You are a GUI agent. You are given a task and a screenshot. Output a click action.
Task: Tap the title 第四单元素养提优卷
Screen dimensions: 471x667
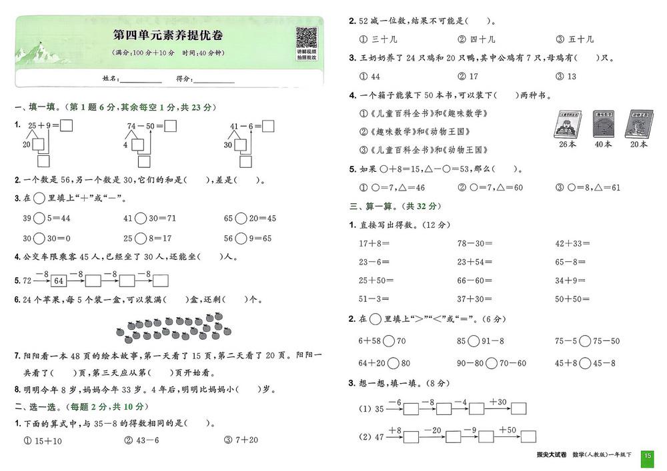tap(168, 35)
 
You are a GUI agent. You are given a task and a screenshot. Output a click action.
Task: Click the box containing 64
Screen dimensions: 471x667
tap(59, 280)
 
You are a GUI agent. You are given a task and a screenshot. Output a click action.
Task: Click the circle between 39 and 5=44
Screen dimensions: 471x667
tap(39, 219)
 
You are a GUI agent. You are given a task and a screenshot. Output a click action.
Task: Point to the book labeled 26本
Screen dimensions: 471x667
tap(568, 125)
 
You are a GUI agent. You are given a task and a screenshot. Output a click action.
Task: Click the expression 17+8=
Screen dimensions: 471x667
tap(374, 244)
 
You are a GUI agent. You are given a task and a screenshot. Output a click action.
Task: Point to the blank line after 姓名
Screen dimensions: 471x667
tap(141, 79)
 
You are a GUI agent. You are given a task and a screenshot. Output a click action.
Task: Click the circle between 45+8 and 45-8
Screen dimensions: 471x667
tap(586, 363)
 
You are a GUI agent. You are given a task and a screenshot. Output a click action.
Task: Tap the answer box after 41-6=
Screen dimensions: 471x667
tap(268, 125)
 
